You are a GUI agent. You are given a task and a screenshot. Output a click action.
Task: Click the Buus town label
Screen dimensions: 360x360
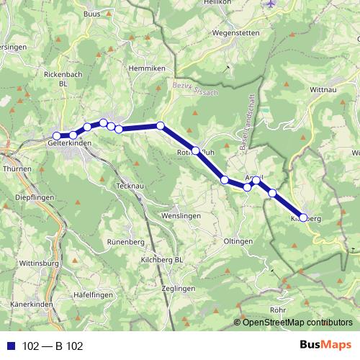pos(91,14)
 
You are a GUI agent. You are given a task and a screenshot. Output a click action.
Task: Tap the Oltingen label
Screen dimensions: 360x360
pos(238,240)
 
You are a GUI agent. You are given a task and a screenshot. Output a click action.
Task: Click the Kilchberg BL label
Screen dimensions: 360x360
pos(163,258)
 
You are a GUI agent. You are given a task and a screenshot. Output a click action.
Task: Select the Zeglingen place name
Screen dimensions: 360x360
pos(158,287)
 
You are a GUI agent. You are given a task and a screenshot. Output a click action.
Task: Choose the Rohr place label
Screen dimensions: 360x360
pos(277,310)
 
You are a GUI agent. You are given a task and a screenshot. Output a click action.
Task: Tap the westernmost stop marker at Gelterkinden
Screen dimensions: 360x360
pos(56,135)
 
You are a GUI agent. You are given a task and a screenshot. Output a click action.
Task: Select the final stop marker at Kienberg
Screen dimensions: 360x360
pos(303,217)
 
